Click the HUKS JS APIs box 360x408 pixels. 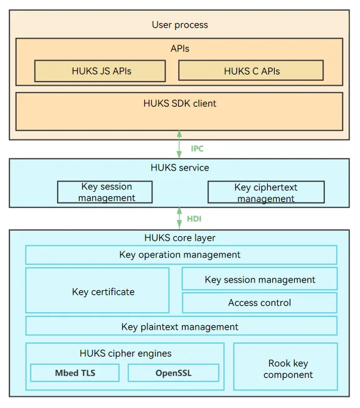pos(100,71)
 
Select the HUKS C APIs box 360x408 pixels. pos(251,71)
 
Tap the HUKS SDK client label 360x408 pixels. pos(179,103)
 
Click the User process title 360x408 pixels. pos(180,24)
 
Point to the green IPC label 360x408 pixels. pos(197,149)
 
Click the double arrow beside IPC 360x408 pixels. pos(179,144)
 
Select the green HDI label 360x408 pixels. pos(194,219)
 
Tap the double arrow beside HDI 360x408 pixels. pos(179,218)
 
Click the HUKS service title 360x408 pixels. pos(179,167)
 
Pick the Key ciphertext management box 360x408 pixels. pos(266,192)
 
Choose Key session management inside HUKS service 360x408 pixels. pos(105,192)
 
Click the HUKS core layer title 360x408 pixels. pos(179,238)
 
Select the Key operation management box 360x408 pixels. pos(181,254)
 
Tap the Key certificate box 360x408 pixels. pos(97,290)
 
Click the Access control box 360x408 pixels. pos(260,303)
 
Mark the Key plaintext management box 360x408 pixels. pos(181,326)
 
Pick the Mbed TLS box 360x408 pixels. pos(75,373)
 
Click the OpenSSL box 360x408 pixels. pos(173,373)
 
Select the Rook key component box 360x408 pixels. pos(285,367)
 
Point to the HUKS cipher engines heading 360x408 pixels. pos(125,353)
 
